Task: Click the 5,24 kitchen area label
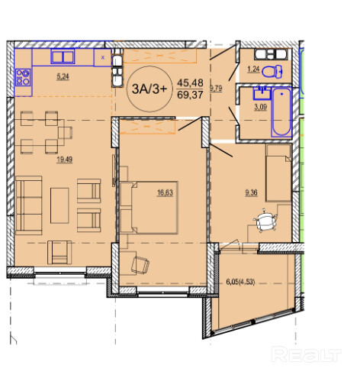[x=63, y=76]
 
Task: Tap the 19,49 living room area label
[x=65, y=160]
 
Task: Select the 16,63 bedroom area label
[x=165, y=192]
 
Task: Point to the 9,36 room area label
[x=251, y=192]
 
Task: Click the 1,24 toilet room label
[x=253, y=69]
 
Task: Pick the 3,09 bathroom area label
[x=261, y=107]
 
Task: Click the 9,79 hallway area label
[x=216, y=89]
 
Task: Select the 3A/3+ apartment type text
[x=149, y=89]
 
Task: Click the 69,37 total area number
[x=190, y=95]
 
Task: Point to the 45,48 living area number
[x=190, y=82]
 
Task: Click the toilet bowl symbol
[x=272, y=72]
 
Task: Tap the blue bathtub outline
[x=281, y=112]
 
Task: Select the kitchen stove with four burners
[x=23, y=77]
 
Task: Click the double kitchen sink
[x=63, y=57]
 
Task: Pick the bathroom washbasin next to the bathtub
[x=262, y=93]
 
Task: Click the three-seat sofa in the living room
[x=29, y=205]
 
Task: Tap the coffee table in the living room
[x=59, y=205]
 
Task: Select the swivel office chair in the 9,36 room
[x=265, y=221]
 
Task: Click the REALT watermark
[x=306, y=354]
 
